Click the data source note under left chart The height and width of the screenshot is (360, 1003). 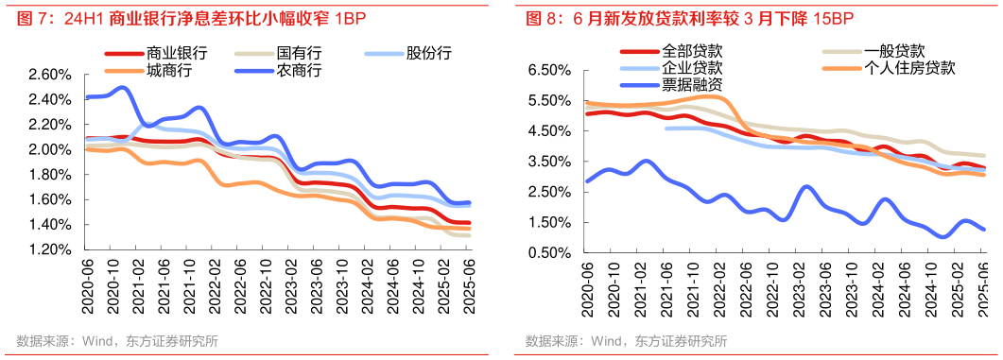click(117, 342)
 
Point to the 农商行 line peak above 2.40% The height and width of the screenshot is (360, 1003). click(123, 88)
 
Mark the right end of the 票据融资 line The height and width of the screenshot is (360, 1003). click(984, 229)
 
